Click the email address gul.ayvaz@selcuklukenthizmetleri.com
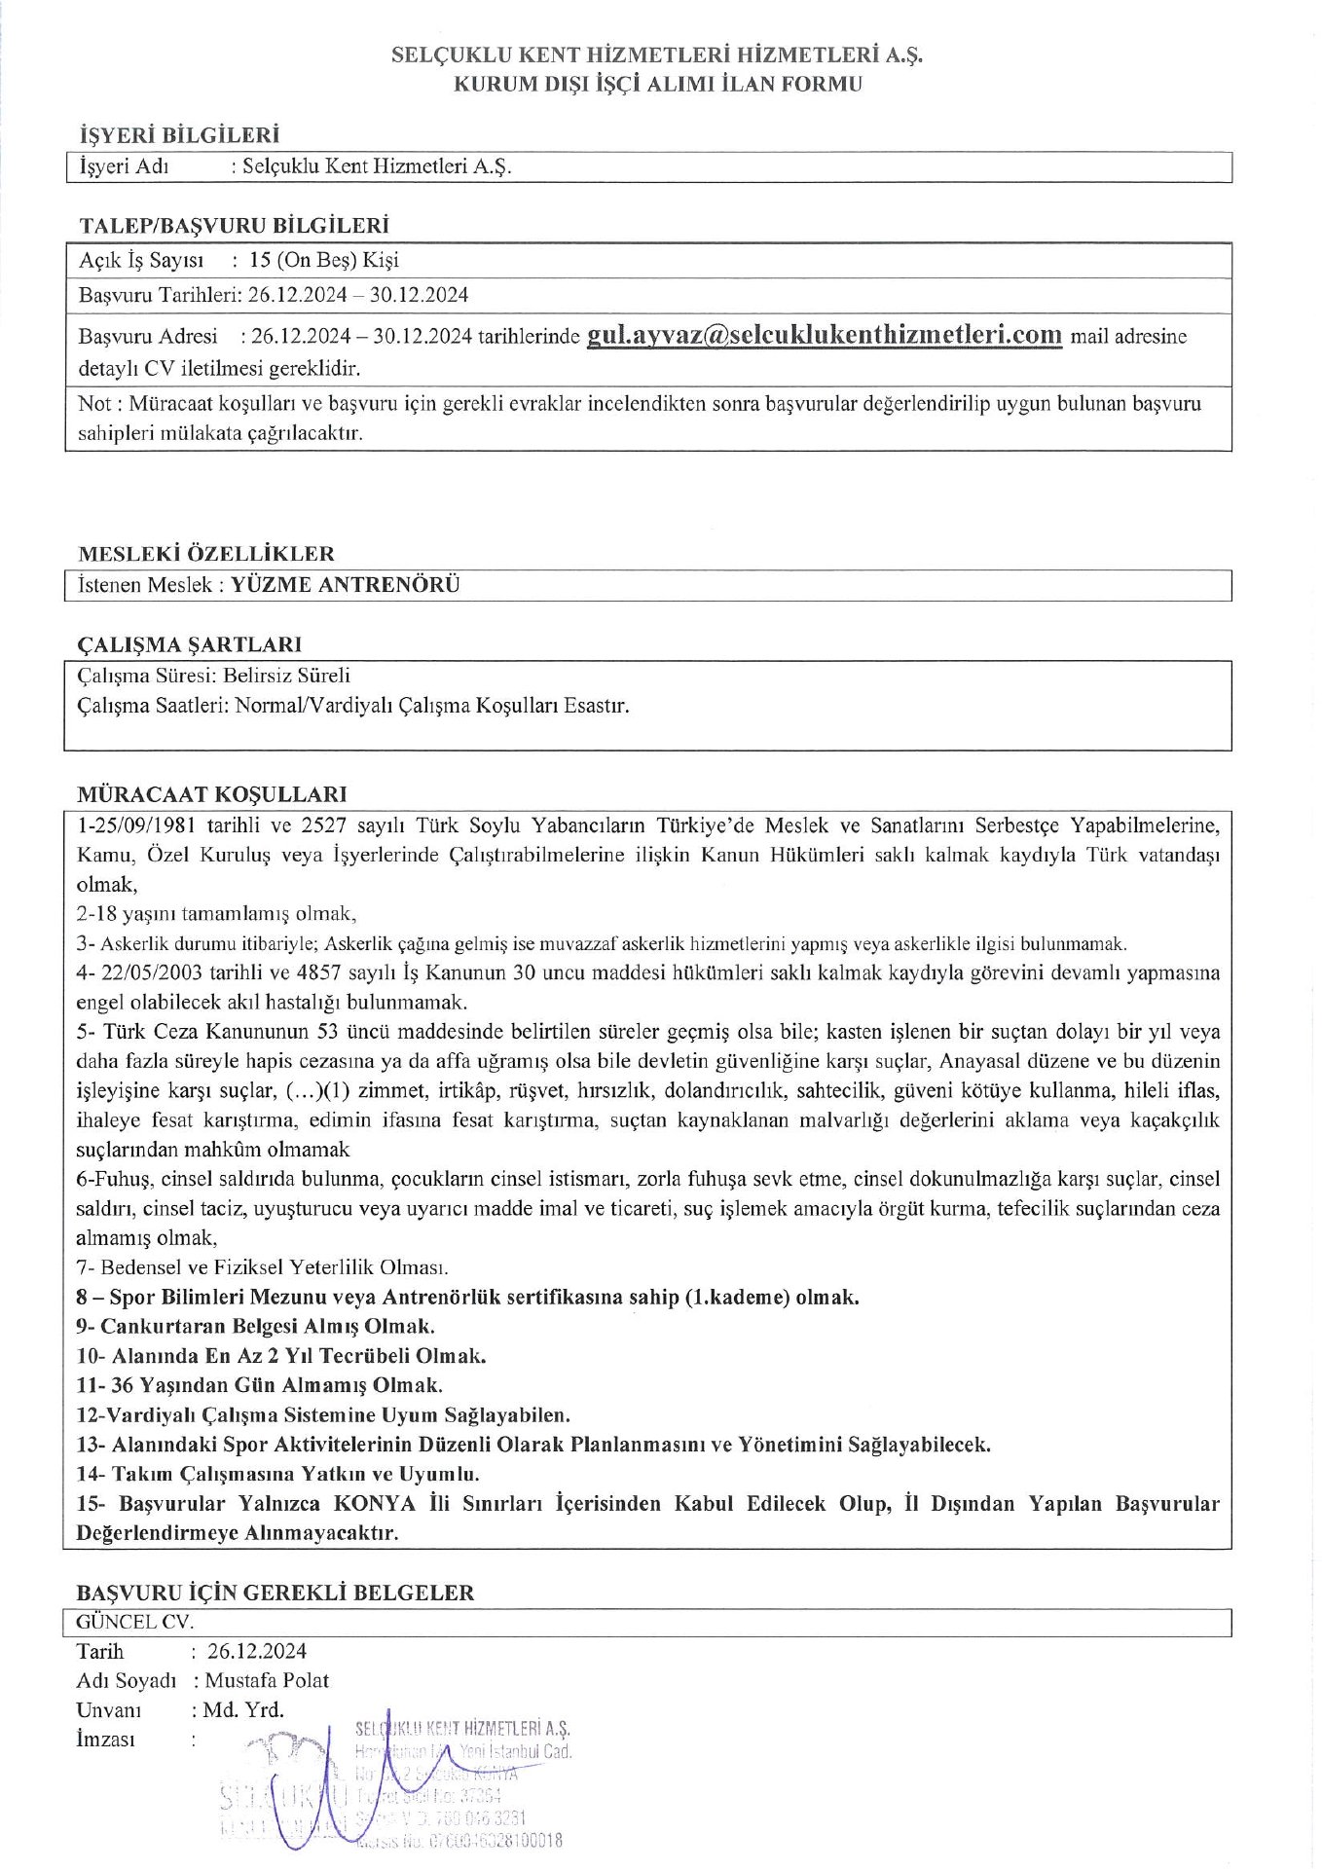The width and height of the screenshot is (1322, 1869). point(824,335)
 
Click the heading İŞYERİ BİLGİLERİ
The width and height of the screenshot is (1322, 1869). point(179,135)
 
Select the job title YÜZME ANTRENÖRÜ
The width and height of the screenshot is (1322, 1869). point(346,585)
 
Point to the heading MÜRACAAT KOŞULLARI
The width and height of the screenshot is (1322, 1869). point(212,794)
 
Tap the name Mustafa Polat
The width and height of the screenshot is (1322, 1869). point(268,1680)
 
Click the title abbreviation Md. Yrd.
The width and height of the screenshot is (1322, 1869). point(244,1709)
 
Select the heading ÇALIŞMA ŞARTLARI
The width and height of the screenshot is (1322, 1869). point(190,644)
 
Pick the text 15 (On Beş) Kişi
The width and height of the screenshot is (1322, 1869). point(324,260)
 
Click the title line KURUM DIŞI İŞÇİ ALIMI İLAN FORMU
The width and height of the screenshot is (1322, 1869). point(658,84)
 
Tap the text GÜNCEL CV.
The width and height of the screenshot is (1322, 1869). point(134,1622)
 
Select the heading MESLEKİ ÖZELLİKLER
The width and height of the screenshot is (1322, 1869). point(206,554)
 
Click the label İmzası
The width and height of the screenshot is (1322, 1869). point(106,1739)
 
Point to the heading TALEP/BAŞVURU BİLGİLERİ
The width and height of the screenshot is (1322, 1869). point(235,226)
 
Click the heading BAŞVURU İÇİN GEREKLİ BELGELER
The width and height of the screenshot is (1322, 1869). point(275,1593)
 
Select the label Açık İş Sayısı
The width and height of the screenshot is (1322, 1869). point(142,260)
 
